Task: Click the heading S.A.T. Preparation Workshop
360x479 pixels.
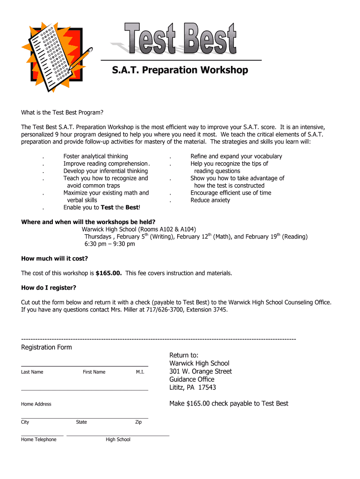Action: pyautogui.click(x=180, y=70)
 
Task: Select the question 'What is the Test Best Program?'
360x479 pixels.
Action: pyautogui.click(x=62, y=113)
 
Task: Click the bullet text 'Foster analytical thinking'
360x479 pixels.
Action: pyautogui.click(x=95, y=156)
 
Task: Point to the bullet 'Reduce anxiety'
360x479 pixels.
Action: pyautogui.click(x=210, y=200)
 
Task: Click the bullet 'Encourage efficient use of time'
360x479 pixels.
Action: pyautogui.click(x=230, y=193)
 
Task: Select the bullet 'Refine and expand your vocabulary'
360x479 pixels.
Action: pyautogui.click(x=236, y=156)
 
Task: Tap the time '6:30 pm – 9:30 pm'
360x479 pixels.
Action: pyautogui.click(x=109, y=244)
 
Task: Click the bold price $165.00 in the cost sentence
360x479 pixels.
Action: pyautogui.click(x=108, y=273)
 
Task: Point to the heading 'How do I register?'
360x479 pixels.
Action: pyautogui.click(x=49, y=288)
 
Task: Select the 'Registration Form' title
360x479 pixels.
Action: pyautogui.click(x=47, y=347)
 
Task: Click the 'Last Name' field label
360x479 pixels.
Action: pyautogui.click(x=32, y=372)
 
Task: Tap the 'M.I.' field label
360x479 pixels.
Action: pyautogui.click(x=140, y=372)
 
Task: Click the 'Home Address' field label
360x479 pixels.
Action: pyautogui.click(x=36, y=404)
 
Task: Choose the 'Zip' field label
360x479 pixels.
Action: pyautogui.click(x=138, y=422)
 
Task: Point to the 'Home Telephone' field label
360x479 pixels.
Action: pyautogui.click(x=39, y=440)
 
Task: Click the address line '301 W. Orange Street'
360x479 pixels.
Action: pyautogui.click(x=201, y=371)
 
